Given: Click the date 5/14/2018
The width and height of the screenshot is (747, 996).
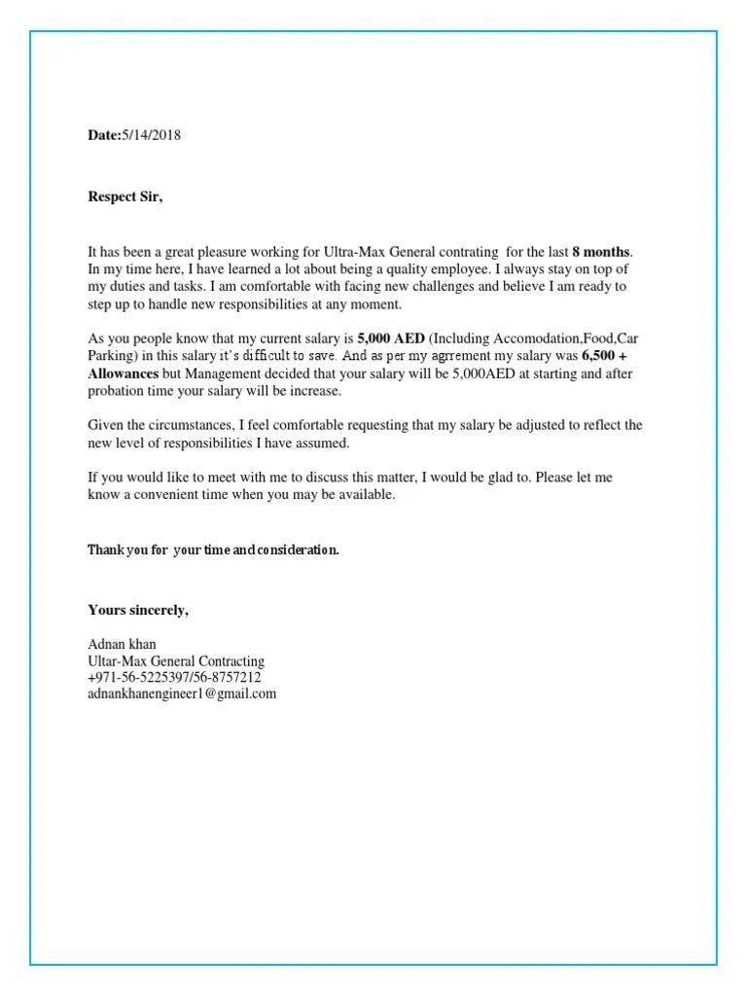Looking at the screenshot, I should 150,135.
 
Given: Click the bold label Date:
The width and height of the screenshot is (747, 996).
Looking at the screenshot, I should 103,135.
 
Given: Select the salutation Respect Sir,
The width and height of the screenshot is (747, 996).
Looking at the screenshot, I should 125,197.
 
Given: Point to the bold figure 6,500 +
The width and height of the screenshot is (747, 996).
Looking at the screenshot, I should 603,357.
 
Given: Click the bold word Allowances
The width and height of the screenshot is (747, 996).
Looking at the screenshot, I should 123,374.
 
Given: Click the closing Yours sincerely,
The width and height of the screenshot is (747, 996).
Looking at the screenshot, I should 138,610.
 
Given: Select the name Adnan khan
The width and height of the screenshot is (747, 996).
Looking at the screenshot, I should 121,645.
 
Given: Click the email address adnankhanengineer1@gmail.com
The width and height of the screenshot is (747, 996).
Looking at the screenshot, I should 182,694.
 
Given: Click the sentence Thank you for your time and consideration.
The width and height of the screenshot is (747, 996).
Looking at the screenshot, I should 213,551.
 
